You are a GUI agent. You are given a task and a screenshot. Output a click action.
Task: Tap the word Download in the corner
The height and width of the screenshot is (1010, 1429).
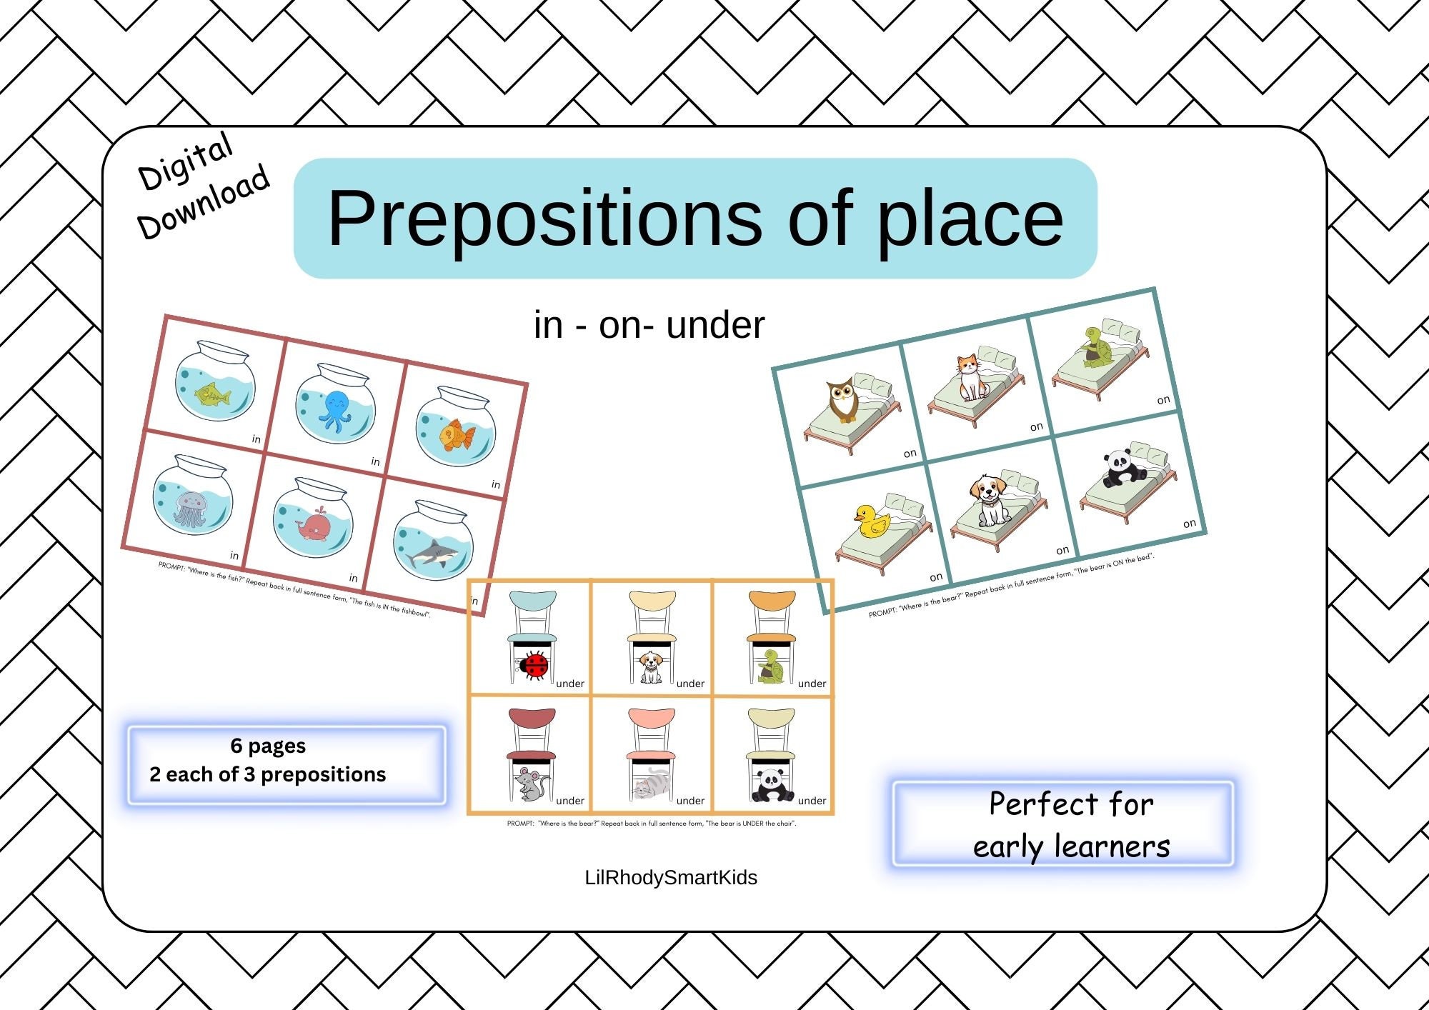point(204,202)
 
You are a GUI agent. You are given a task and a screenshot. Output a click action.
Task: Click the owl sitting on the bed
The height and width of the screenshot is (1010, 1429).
point(843,401)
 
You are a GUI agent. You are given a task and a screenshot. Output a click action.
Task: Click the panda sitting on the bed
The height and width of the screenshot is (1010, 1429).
point(1119,469)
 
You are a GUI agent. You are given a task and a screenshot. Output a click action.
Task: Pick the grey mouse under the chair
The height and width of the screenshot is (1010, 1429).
point(530,784)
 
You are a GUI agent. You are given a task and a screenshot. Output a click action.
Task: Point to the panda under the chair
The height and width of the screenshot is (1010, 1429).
point(771,785)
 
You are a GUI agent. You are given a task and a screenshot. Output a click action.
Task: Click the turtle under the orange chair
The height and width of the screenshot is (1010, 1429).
point(771,666)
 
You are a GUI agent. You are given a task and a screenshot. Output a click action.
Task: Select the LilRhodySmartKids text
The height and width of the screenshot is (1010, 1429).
point(671,877)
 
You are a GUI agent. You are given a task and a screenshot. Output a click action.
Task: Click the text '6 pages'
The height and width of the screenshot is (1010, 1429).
point(268,746)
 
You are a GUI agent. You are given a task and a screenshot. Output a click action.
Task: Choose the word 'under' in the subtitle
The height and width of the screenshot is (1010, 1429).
point(715,326)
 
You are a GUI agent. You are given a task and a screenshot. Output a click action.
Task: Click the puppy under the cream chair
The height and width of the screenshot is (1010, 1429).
point(650,666)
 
